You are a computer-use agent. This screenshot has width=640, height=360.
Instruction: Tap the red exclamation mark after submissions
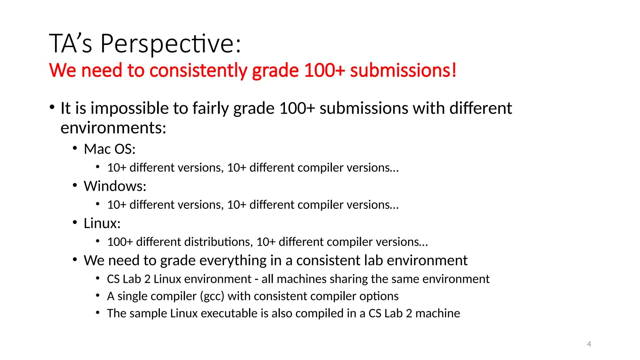[x=454, y=70]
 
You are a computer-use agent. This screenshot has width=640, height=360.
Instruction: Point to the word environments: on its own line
[x=113, y=128]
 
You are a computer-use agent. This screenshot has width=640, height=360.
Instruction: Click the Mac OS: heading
[x=109, y=149]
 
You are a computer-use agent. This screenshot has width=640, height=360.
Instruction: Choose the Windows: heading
[x=115, y=186]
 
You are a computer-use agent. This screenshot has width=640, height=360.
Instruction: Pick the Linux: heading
[x=102, y=223]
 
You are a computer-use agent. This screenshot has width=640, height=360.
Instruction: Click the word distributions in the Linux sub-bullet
[x=194, y=242]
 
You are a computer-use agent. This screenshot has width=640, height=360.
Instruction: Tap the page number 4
[x=589, y=344]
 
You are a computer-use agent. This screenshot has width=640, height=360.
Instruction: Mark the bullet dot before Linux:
[x=75, y=222]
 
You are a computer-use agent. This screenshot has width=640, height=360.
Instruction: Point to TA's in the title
[x=71, y=44]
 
